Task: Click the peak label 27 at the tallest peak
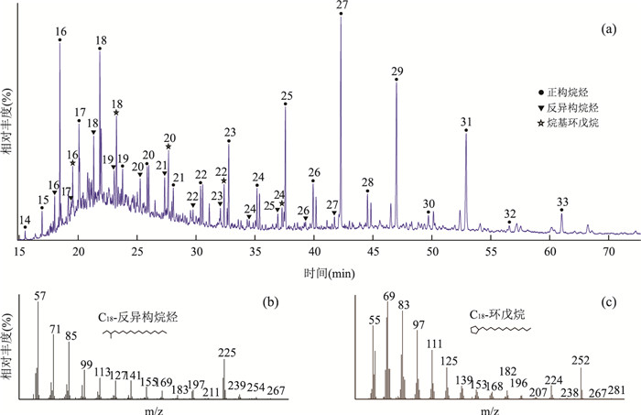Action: coord(342,6)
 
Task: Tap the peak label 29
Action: coord(397,71)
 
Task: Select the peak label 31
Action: coord(466,122)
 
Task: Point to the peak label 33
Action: coord(562,202)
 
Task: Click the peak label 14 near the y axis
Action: coord(25,220)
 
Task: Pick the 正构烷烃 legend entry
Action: coord(567,93)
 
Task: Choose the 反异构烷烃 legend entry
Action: coord(571,107)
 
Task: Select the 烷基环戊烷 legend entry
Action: coord(571,122)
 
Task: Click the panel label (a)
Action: coord(609,30)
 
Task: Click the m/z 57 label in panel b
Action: coord(38,296)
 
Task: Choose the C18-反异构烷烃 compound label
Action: coord(138,317)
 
